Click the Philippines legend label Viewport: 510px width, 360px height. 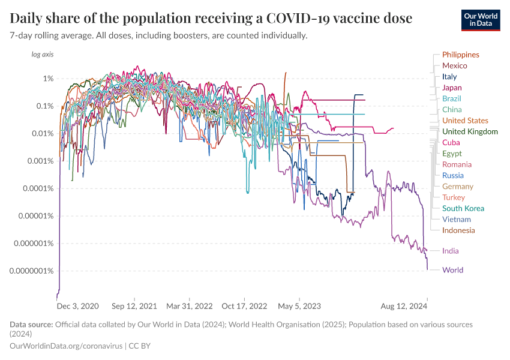(460, 55)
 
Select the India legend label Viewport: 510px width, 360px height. (451, 251)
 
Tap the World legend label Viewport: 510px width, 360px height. (452, 270)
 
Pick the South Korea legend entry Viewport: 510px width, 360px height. (463, 208)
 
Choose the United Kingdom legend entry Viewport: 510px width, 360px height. (469, 131)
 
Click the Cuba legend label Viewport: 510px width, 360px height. (451, 143)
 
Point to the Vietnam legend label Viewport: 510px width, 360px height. (457, 219)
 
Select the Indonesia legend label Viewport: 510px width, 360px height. (458, 230)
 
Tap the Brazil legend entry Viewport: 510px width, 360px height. (452, 98)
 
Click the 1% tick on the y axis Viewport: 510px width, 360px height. (48, 79)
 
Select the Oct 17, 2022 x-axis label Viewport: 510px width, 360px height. (245, 305)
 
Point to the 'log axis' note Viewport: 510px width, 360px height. (42, 55)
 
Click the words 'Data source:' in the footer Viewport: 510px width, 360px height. (31, 325)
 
